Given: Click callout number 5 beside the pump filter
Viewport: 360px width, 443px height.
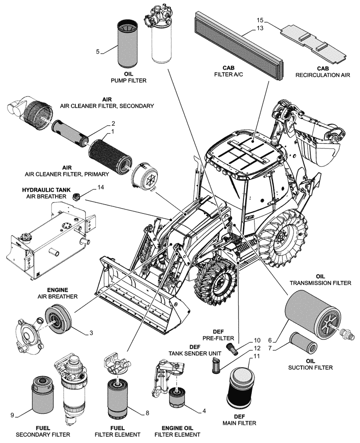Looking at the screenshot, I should [98, 51].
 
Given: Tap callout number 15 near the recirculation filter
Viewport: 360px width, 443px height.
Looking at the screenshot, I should [260, 20].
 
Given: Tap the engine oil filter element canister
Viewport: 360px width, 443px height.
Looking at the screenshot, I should [179, 399].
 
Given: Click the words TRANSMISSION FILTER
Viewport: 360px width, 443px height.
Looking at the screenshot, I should [314, 282].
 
